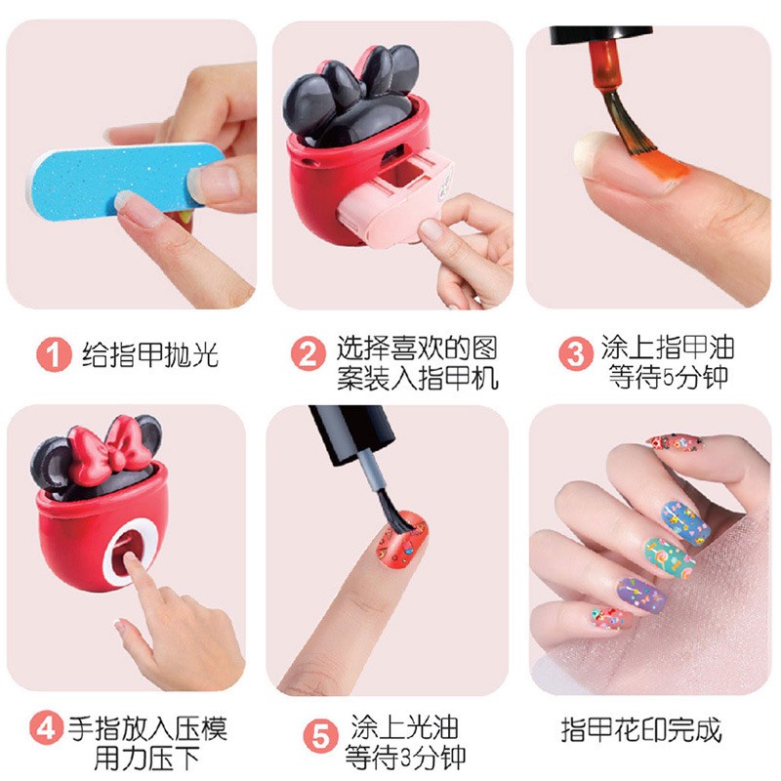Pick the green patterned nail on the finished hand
(664, 560)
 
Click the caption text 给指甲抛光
(150, 352)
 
